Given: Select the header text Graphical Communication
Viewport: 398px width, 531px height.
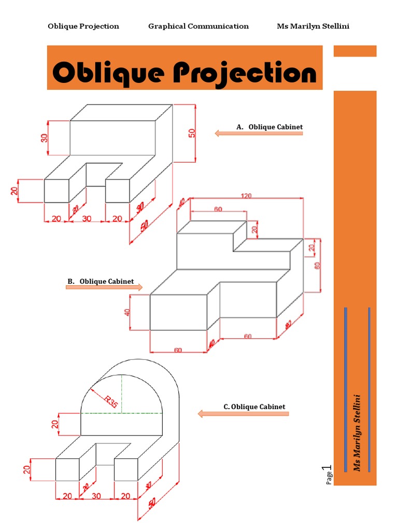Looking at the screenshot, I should pos(198,26).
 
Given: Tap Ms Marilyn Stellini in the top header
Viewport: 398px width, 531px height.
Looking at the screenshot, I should pos(313,26).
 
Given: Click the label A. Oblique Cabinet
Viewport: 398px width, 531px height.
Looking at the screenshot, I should pos(269,127).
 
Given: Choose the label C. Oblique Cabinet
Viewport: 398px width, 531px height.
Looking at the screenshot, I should pos(254,407).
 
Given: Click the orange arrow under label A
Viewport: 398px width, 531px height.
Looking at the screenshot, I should pos(259,133).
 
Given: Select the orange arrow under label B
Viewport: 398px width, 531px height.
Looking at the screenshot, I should pos(104,287).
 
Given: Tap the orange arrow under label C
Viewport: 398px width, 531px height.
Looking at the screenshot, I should pos(243,414).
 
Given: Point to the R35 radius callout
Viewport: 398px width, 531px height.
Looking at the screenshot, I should pos(111,401).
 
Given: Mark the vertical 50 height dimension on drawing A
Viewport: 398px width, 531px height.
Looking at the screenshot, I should pos(192,133).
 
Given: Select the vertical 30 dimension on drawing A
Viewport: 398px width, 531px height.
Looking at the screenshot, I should pos(45,138).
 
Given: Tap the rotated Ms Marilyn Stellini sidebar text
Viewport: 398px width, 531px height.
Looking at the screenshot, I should pos(357,432).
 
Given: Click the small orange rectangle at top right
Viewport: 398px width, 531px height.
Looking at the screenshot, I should pos(354,51).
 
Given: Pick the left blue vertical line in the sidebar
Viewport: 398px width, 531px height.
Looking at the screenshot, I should pos(346,389).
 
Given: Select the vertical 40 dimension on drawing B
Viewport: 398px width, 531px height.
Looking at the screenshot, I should pos(127,312).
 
